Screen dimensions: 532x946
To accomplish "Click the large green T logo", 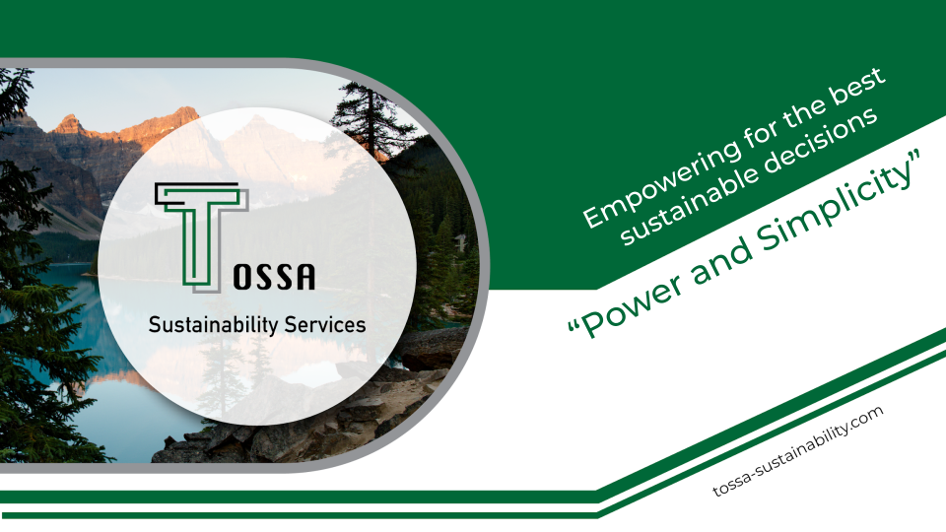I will pyautogui.click(x=200, y=233).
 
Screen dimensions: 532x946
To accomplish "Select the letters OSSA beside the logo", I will pyautogui.click(x=273, y=278).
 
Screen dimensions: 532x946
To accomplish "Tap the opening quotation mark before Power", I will pyautogui.click(x=573, y=330).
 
